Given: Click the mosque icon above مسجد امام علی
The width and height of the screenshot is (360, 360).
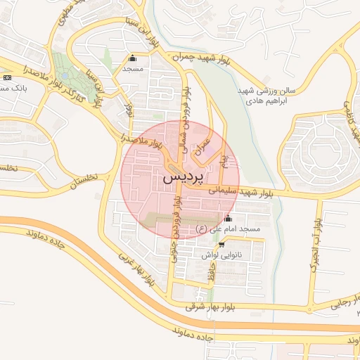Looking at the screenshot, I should (x=227, y=218).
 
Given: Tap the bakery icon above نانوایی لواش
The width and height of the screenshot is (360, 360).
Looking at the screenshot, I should (x=222, y=245).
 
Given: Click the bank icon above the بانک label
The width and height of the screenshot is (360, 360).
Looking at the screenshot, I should (x=6, y=77).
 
